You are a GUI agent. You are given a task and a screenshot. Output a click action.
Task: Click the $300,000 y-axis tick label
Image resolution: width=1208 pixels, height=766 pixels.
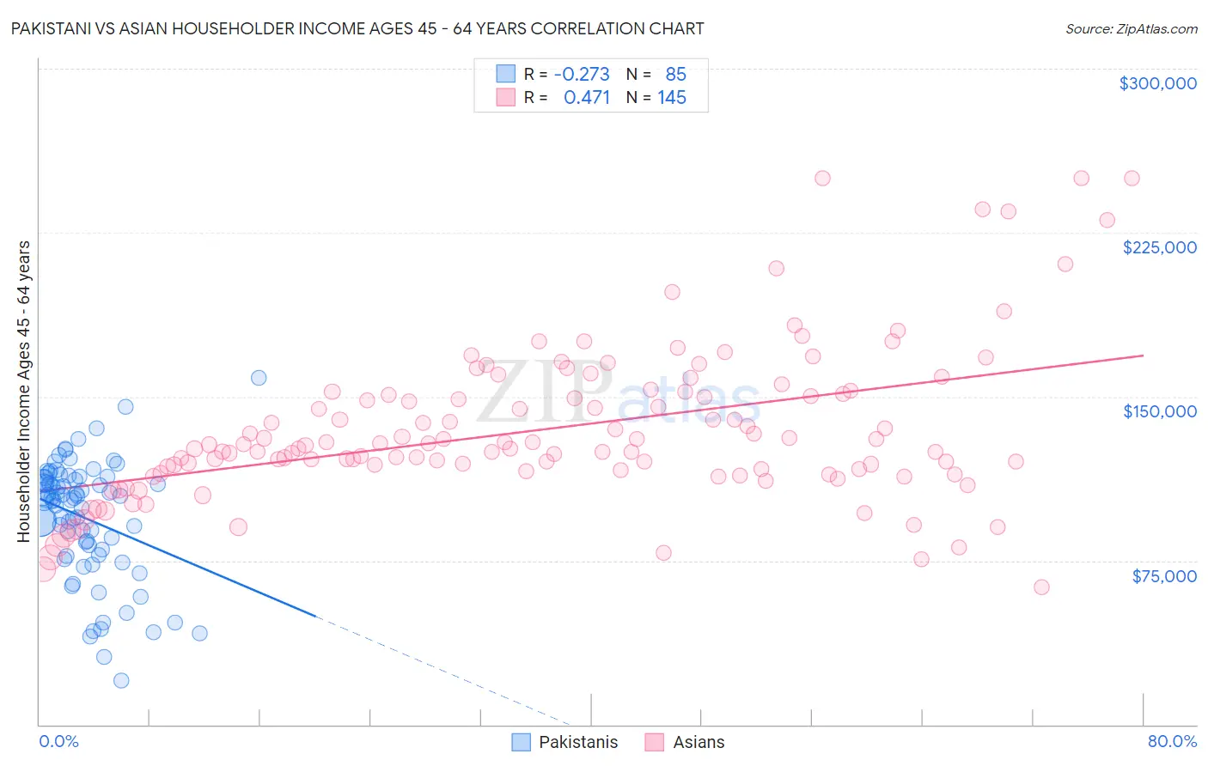pos(1157,83)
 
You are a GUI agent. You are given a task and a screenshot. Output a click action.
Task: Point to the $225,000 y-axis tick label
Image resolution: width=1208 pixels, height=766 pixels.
pos(1159,247)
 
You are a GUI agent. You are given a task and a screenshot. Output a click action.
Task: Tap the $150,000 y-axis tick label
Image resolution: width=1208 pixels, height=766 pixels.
pos(1159,411)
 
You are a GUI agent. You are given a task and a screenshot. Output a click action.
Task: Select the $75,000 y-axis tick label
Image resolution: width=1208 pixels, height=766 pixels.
pos(1163,575)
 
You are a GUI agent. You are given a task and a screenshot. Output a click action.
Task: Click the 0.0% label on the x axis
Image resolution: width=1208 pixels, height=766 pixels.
pos(58,741)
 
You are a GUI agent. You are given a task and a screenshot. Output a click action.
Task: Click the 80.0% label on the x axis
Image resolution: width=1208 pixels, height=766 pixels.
pos(1172,741)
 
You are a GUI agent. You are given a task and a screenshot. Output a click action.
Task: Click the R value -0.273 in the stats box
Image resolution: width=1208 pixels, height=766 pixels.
pos(582,74)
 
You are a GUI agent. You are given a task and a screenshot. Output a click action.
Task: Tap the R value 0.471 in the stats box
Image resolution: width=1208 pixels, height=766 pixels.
pos(587,97)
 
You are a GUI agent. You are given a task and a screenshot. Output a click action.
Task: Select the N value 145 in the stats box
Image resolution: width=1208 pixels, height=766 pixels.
pos(672,97)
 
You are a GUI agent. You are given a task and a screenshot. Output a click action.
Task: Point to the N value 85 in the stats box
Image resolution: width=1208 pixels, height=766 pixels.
pos(675,74)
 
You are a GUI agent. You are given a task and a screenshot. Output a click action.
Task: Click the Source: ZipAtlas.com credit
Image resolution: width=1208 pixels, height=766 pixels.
pos(1131,28)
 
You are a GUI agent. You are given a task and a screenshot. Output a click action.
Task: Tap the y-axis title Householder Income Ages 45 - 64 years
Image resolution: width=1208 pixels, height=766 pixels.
pos(23,392)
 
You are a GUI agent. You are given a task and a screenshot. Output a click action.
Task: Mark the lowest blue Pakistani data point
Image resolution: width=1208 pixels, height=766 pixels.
pos(121,680)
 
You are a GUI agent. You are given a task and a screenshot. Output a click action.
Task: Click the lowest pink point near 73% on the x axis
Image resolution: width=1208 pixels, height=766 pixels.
pos(1041,587)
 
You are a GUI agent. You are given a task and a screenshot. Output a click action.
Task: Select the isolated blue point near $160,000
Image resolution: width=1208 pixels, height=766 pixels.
pos(259,378)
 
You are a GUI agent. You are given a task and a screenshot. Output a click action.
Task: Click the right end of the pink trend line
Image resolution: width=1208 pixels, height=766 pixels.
pos(1143,355)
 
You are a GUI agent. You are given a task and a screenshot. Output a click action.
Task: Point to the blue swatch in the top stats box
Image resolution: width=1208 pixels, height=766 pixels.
pos(505,74)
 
